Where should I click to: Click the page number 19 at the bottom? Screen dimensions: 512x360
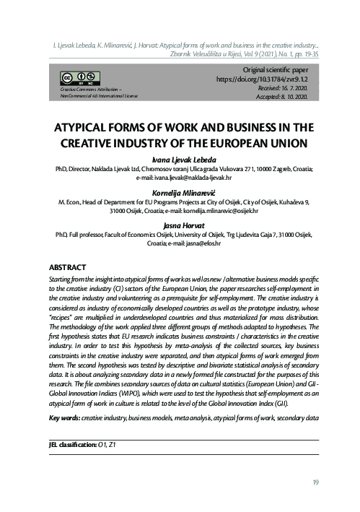point(316,482)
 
